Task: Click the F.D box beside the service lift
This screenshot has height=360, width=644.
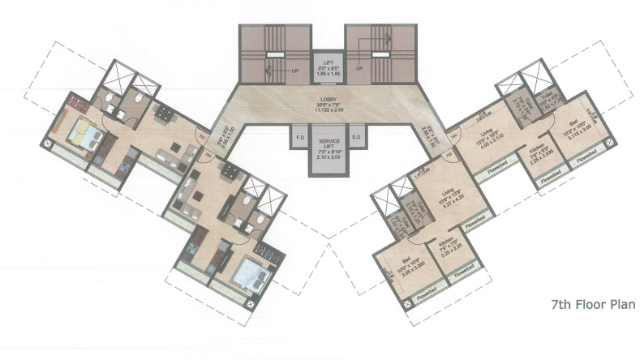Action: click(299, 138)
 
